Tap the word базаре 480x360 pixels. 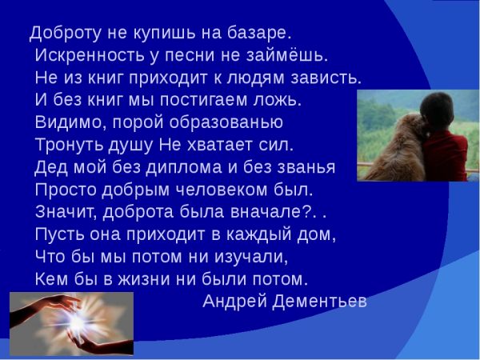pyautogui.click(x=261, y=34)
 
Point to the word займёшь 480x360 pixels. pyautogui.click(x=293, y=56)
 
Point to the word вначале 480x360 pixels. pyautogui.click(x=262, y=212)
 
